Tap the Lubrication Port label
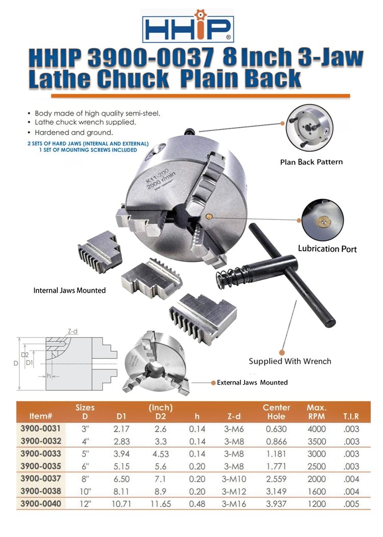click(x=327, y=249)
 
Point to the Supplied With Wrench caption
click(x=290, y=361)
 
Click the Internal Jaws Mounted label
click(x=69, y=290)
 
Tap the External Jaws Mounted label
click(x=252, y=383)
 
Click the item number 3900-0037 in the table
click(x=41, y=479)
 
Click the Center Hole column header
click(x=276, y=412)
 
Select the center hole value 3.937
click(x=276, y=504)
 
